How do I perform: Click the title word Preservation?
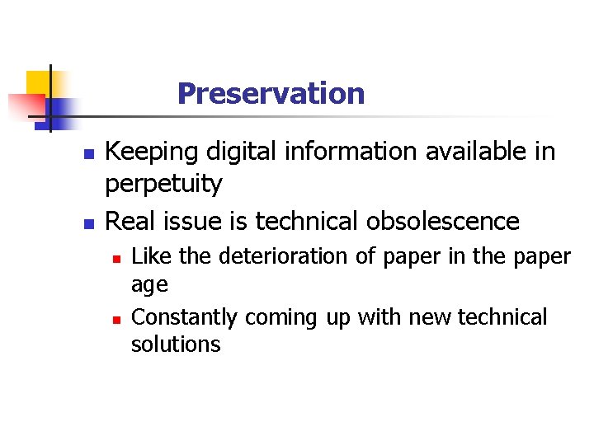(x=271, y=93)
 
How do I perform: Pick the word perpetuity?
(x=163, y=185)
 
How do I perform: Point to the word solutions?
(x=176, y=344)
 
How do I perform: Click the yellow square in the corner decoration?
(x=36, y=82)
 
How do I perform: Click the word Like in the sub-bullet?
(x=152, y=256)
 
